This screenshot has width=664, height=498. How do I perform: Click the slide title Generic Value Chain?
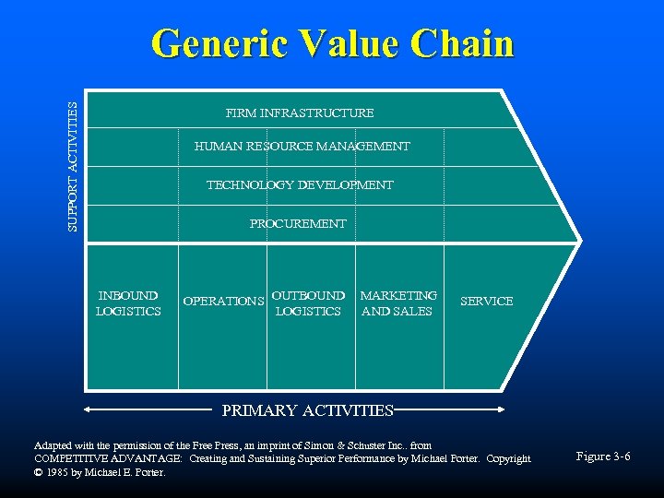[x=332, y=44]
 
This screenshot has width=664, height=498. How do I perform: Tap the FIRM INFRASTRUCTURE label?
[x=300, y=113]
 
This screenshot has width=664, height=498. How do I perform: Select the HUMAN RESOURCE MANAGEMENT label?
[x=302, y=147]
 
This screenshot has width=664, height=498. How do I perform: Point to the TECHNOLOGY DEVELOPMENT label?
[x=300, y=185]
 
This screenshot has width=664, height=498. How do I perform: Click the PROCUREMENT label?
[x=298, y=224]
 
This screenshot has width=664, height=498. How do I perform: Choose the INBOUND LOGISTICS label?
[x=128, y=303]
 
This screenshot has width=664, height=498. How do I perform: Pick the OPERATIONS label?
[x=224, y=302]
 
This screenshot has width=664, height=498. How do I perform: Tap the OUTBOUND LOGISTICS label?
[x=308, y=303]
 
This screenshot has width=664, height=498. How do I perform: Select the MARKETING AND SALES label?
[x=398, y=303]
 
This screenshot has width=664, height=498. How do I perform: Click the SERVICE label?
[x=486, y=302]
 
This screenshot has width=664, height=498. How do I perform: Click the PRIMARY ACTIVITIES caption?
[x=308, y=410]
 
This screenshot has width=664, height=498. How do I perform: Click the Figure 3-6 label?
[x=603, y=456]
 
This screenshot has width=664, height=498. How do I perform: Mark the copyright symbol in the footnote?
[x=39, y=473]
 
